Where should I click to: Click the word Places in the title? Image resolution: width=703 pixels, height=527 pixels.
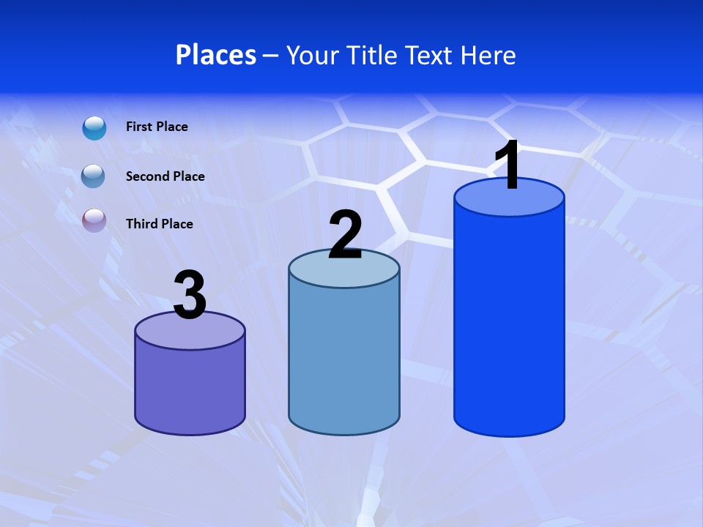(216, 55)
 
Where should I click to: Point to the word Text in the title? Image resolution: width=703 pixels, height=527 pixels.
(431, 55)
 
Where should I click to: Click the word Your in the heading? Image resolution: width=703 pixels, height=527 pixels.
(312, 55)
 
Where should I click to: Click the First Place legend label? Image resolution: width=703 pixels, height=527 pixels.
(157, 127)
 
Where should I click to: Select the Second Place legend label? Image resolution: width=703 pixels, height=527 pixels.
(165, 176)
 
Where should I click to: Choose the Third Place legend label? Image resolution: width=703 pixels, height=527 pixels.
(159, 224)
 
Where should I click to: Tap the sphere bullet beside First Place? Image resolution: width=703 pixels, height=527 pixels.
(94, 128)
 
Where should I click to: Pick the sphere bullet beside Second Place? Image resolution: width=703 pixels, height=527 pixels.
(93, 176)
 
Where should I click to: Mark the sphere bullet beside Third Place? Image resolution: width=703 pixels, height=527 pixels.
(94, 220)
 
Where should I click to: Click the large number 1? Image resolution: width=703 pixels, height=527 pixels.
(507, 165)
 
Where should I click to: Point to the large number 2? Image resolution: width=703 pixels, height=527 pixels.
(346, 235)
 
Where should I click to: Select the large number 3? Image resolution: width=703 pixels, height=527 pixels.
(190, 295)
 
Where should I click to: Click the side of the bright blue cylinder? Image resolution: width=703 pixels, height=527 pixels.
(509, 322)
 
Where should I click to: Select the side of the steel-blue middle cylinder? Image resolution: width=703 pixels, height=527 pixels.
(344, 359)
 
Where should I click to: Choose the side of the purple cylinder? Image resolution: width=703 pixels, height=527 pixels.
(190, 388)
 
